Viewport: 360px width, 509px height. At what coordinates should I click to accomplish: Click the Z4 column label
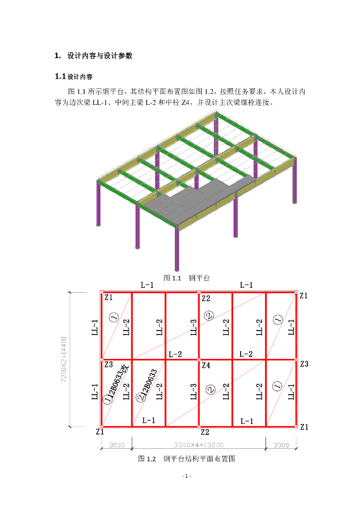[206, 365]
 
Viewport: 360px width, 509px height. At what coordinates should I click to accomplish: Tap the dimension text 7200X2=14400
[64, 359]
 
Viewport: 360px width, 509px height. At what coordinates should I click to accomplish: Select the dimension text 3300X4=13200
[198, 445]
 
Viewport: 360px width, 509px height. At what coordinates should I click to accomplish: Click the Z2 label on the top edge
[206, 298]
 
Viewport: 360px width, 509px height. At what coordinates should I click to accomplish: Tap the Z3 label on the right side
[304, 364]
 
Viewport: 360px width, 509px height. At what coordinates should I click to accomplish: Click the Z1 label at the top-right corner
[304, 296]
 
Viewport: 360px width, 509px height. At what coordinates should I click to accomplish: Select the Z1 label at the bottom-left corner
[100, 432]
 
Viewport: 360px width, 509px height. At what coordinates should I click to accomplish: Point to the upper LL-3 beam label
[194, 327]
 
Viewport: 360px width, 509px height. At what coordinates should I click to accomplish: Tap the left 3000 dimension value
[116, 445]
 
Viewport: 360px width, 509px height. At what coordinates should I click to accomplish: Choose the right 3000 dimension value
[281, 445]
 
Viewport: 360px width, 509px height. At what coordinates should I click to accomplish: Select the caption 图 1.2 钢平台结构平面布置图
[186, 459]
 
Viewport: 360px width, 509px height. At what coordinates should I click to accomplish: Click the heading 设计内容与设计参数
[99, 56]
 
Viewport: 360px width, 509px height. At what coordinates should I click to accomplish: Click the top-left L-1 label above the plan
[147, 285]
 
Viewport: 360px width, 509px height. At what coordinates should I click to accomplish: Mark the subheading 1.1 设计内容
[74, 77]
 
